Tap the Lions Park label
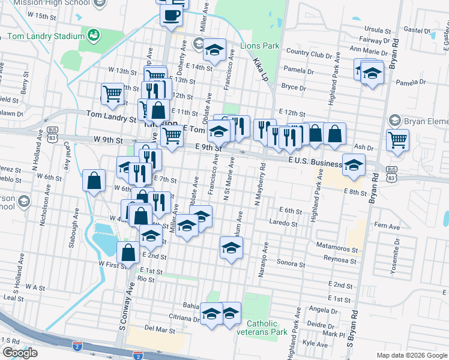point(260,46)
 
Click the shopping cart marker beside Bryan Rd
point(397,140)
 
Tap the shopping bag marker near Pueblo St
point(94,180)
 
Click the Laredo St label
point(286,223)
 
